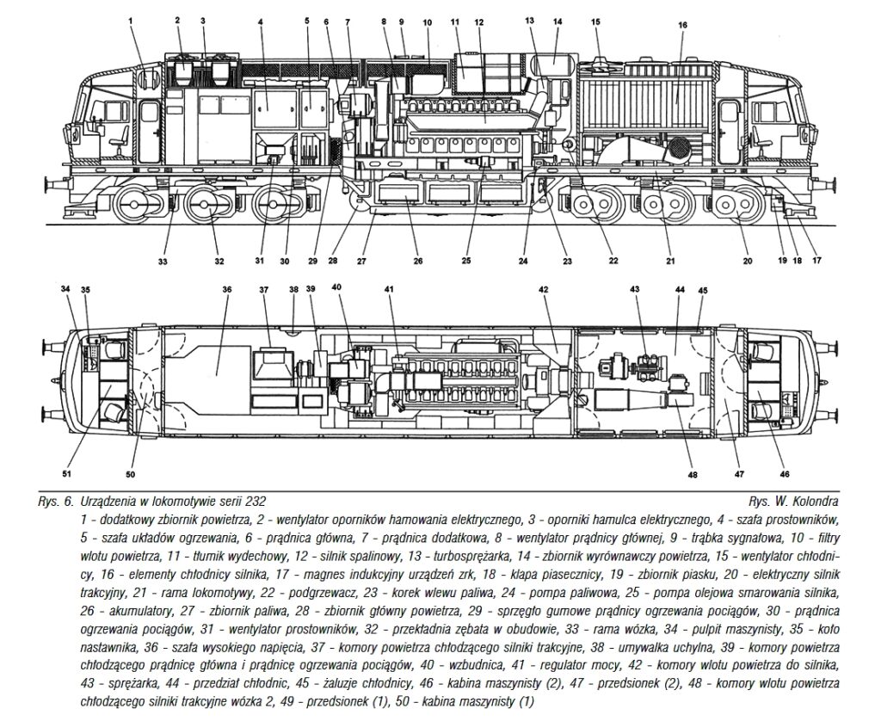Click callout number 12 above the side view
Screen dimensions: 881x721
coord(478,22)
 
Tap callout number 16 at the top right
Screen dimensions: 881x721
coord(682,25)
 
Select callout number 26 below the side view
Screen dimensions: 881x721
coord(418,261)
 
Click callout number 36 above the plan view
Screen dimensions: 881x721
coord(226,289)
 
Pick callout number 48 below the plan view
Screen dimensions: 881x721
coord(693,475)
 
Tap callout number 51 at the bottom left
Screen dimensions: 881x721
coord(67,474)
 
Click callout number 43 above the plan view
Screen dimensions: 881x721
coord(634,289)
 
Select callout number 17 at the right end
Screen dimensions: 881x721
coord(816,260)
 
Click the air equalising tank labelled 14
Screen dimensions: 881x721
coord(553,68)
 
